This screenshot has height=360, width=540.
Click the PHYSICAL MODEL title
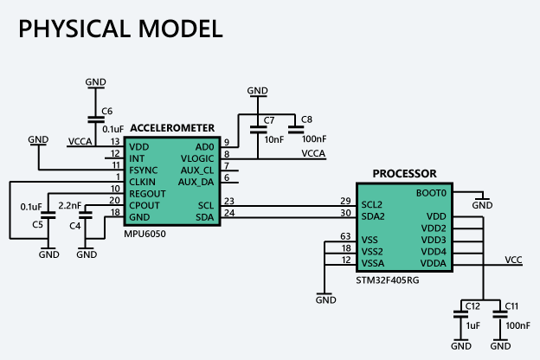tap(120, 29)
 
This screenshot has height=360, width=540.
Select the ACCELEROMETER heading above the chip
tap(172, 128)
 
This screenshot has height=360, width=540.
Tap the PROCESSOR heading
tap(405, 174)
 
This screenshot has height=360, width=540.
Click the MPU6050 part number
tap(145, 234)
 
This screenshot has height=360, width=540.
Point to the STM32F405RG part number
tap(388, 280)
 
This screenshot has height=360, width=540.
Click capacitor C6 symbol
tap(96, 119)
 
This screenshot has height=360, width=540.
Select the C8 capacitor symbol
tap(296, 130)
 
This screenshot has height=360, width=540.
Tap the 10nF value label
tap(274, 139)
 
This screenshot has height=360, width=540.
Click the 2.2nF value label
tap(70, 206)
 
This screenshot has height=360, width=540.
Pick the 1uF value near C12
tap(472, 325)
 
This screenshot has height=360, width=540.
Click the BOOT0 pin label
tap(431, 193)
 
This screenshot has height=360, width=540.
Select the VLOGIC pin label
tap(197, 159)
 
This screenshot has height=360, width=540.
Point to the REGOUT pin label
tap(147, 194)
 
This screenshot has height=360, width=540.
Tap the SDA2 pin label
tap(373, 216)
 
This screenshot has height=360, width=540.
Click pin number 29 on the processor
tap(345, 201)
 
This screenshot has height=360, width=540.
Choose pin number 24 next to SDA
tap(229, 213)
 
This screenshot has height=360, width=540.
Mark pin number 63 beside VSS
tap(345, 236)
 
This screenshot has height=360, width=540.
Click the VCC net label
tap(513, 260)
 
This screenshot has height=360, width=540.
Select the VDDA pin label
tap(434, 264)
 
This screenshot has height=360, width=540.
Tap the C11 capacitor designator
tap(511, 306)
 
